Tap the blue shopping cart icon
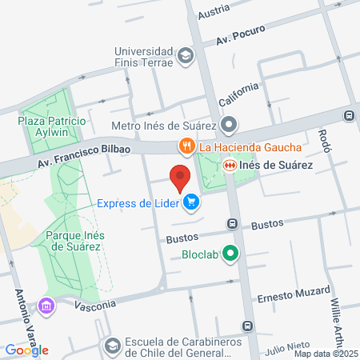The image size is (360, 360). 190,203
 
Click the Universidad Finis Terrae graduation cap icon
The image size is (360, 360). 186,56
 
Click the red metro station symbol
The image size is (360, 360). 230,165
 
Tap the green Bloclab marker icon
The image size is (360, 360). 230,256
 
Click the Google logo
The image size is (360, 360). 27,350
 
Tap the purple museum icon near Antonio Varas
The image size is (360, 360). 46,306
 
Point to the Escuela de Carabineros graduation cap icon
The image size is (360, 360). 112,346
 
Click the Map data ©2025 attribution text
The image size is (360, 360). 325,354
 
